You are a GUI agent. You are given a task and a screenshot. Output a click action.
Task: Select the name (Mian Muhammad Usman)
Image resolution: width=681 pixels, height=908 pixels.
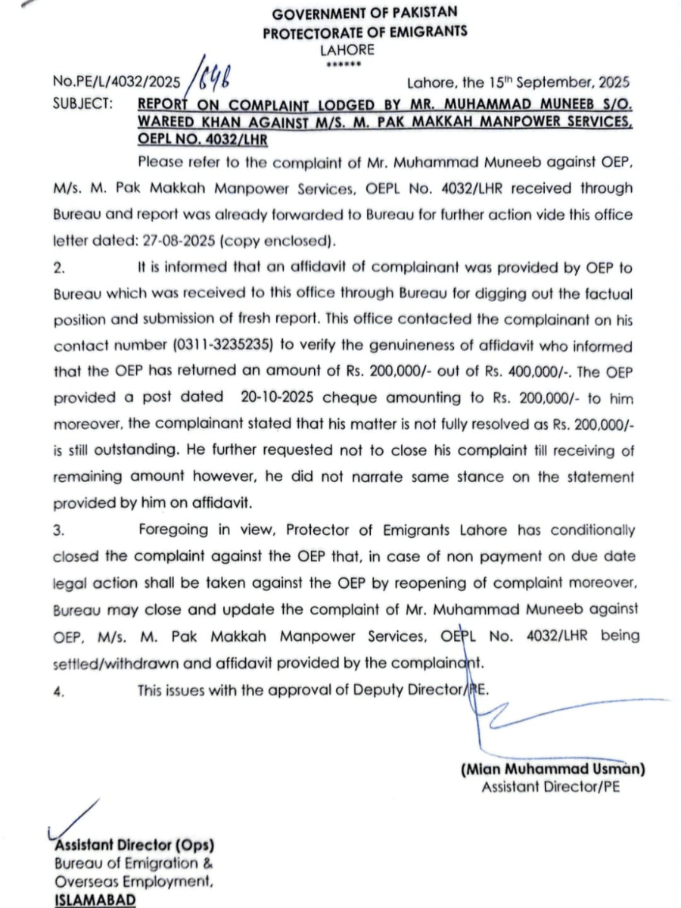point(552,770)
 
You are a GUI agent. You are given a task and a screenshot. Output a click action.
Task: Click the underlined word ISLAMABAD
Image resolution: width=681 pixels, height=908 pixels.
point(95,899)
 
